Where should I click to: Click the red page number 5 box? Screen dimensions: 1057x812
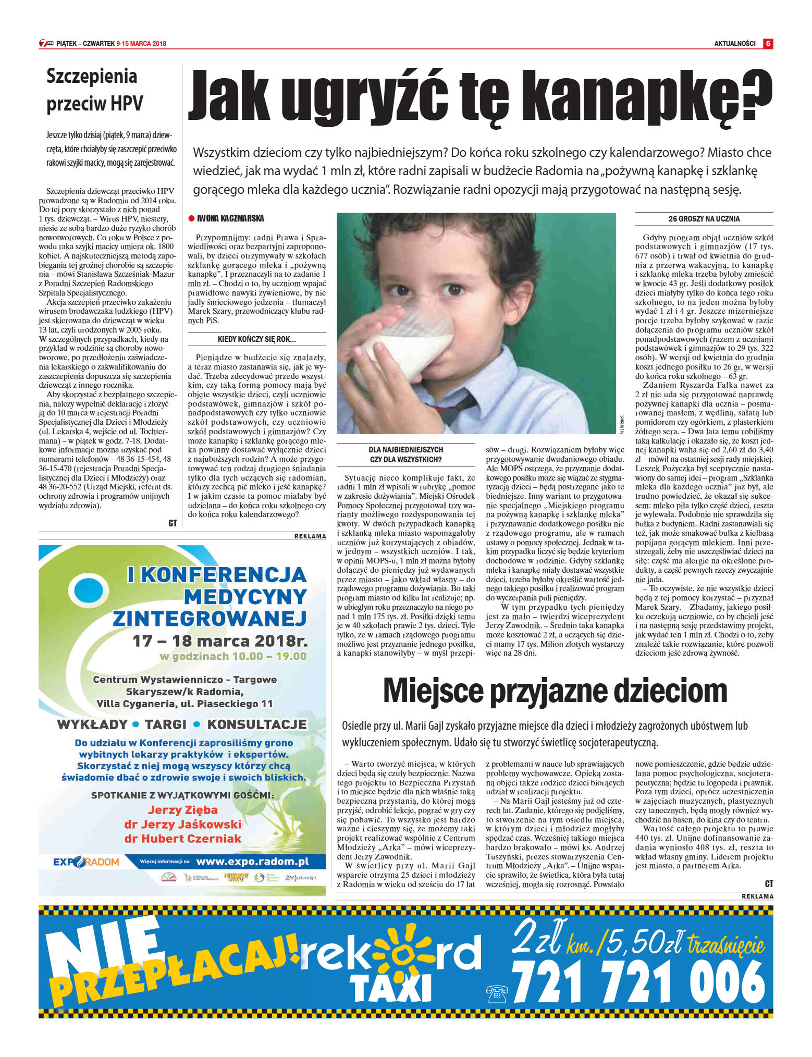(x=768, y=44)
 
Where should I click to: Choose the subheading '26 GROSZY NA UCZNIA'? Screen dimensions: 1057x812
(x=704, y=219)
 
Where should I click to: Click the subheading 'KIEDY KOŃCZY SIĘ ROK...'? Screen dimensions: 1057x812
(x=256, y=339)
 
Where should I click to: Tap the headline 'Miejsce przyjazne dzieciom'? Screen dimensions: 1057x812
(x=555, y=691)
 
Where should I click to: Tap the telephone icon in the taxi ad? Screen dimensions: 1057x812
(x=497, y=994)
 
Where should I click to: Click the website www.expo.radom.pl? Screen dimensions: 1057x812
(x=252, y=862)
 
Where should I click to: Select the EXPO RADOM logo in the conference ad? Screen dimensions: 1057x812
(x=86, y=862)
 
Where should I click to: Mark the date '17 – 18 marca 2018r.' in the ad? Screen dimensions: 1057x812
(x=219, y=641)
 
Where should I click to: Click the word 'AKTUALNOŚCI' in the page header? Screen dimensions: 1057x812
(x=734, y=44)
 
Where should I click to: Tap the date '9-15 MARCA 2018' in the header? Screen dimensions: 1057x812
(x=141, y=44)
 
